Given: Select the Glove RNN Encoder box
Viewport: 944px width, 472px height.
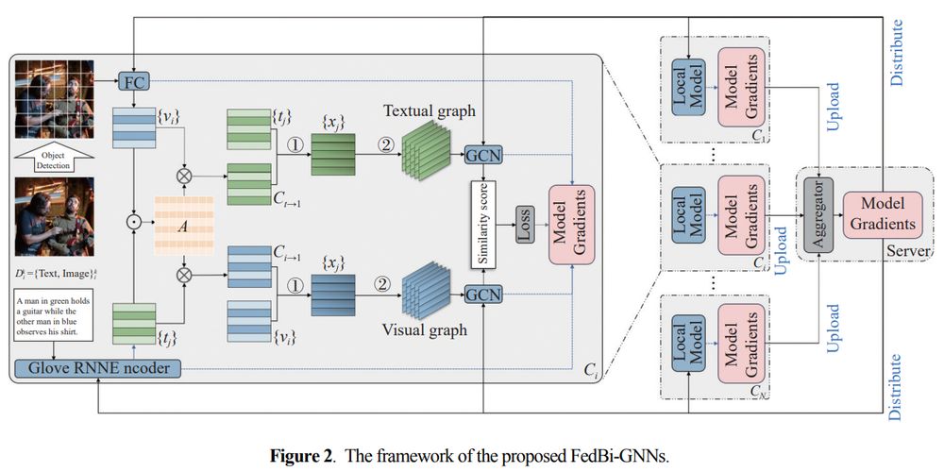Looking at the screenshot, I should click(100, 368).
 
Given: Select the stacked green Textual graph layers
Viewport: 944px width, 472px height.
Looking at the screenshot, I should click(424, 154).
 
